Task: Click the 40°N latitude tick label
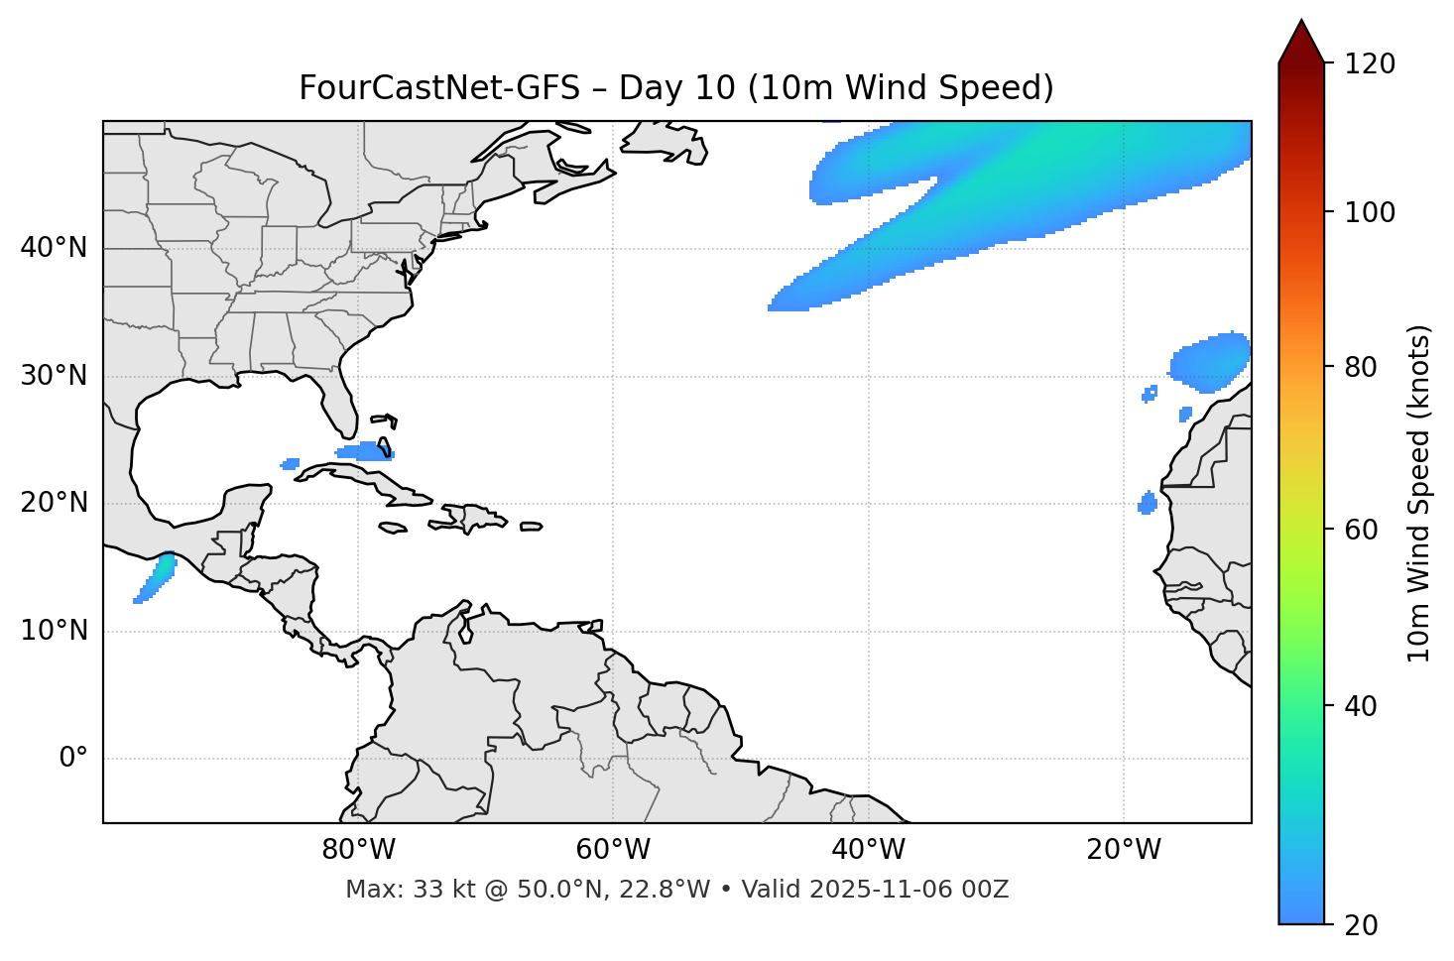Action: click(x=54, y=248)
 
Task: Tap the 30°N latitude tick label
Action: click(x=54, y=376)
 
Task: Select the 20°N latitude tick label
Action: click(x=54, y=504)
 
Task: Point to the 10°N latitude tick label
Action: click(x=54, y=631)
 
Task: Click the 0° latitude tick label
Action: click(x=73, y=759)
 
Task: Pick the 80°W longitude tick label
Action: click(x=358, y=850)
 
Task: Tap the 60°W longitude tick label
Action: click(x=613, y=850)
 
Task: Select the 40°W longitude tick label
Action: click(x=868, y=850)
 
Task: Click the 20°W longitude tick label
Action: click(x=1123, y=850)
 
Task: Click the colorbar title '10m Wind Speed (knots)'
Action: click(x=1420, y=494)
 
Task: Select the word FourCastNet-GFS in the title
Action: click(x=438, y=88)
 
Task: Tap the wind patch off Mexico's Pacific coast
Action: click(x=157, y=577)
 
